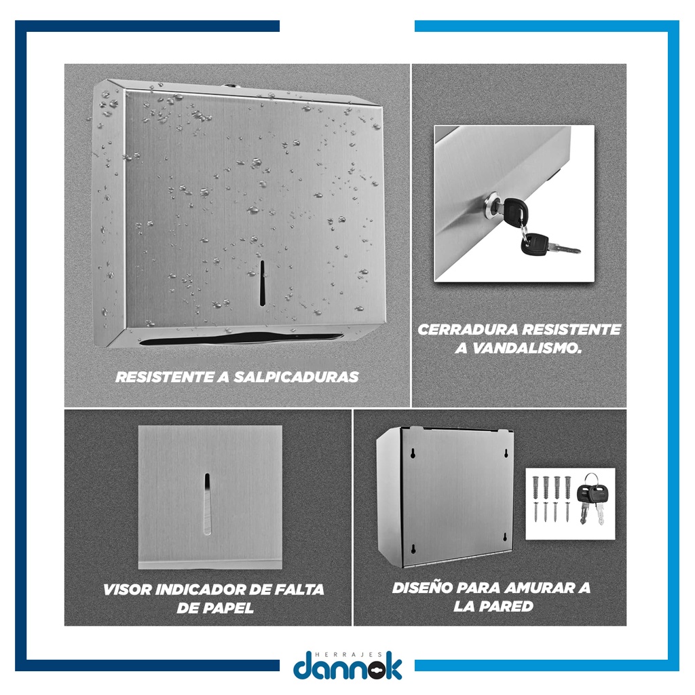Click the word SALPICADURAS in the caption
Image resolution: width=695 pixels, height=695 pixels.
point(296,377)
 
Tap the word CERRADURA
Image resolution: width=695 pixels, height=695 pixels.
point(468,330)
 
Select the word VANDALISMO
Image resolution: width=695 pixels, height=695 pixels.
point(526,348)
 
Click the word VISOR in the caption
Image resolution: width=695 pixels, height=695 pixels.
point(128,590)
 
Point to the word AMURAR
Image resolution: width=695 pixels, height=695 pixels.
point(539,588)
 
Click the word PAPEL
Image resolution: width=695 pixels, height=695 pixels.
point(227,607)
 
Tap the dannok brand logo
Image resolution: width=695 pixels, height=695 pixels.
point(347,665)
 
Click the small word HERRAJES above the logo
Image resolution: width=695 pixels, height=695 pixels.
point(347,654)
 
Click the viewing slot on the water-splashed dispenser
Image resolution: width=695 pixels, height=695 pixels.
point(262,283)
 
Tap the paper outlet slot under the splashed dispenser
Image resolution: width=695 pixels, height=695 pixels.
point(242,339)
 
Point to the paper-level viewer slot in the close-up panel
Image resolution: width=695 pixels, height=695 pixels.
point(207,504)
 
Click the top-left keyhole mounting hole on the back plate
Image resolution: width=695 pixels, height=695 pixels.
point(413,453)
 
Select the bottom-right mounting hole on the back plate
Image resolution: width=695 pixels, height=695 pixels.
point(505,538)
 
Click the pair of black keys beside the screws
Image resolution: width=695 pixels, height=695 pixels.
point(591,499)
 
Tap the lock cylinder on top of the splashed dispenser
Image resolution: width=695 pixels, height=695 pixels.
point(229,85)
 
